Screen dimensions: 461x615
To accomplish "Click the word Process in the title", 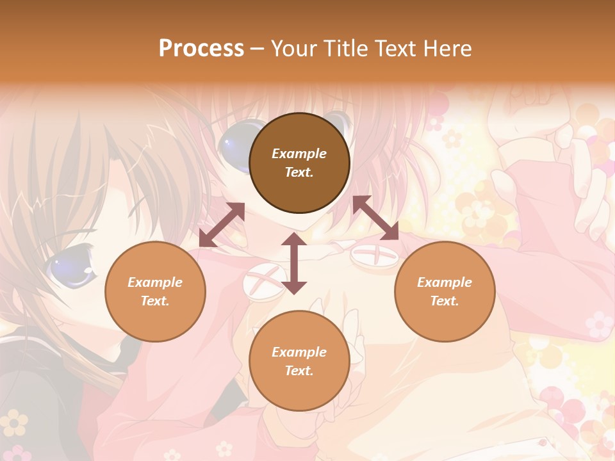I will pos(201,49).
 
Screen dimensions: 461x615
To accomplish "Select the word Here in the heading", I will pos(447,49).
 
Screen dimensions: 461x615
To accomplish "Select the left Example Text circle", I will pos(155,291).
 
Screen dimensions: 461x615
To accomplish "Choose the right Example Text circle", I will pos(445,291).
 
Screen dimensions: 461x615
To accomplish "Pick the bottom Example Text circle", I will pos(299,361).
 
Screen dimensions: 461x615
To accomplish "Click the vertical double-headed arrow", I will pos(294,263).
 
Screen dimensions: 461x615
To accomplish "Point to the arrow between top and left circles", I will pos(222,225).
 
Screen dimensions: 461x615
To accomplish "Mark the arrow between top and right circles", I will pos(375,218).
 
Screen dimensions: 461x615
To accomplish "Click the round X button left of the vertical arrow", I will pos(263,282).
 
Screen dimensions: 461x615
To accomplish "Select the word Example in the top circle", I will pos(299,154).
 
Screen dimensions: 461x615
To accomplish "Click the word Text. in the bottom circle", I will pos(299,371).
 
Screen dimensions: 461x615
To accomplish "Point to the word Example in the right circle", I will pos(445,282).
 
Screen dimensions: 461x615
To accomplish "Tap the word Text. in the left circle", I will pos(155,301).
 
